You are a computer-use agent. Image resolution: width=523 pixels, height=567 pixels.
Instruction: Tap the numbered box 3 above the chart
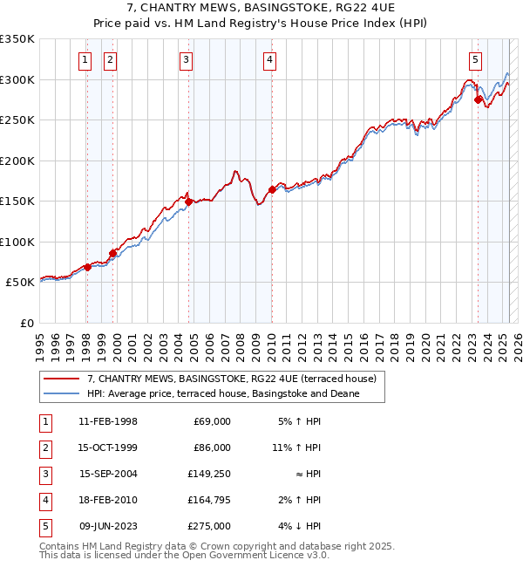click(187, 60)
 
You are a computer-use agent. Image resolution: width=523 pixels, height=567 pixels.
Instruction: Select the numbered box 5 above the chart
click(475, 60)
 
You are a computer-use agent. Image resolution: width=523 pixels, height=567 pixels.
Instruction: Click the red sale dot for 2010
click(272, 189)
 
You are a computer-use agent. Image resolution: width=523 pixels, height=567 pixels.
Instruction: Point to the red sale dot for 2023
click(478, 99)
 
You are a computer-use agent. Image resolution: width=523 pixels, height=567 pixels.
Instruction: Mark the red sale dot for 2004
click(189, 202)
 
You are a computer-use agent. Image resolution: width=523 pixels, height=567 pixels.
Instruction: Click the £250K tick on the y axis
click(17, 120)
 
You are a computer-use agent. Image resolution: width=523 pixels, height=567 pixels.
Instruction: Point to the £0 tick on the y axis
click(28, 324)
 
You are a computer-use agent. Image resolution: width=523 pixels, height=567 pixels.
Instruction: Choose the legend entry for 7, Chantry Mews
click(231, 379)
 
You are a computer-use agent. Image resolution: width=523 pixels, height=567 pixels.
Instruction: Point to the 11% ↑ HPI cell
click(296, 447)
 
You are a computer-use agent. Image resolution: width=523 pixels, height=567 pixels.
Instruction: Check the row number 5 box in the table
click(44, 526)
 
